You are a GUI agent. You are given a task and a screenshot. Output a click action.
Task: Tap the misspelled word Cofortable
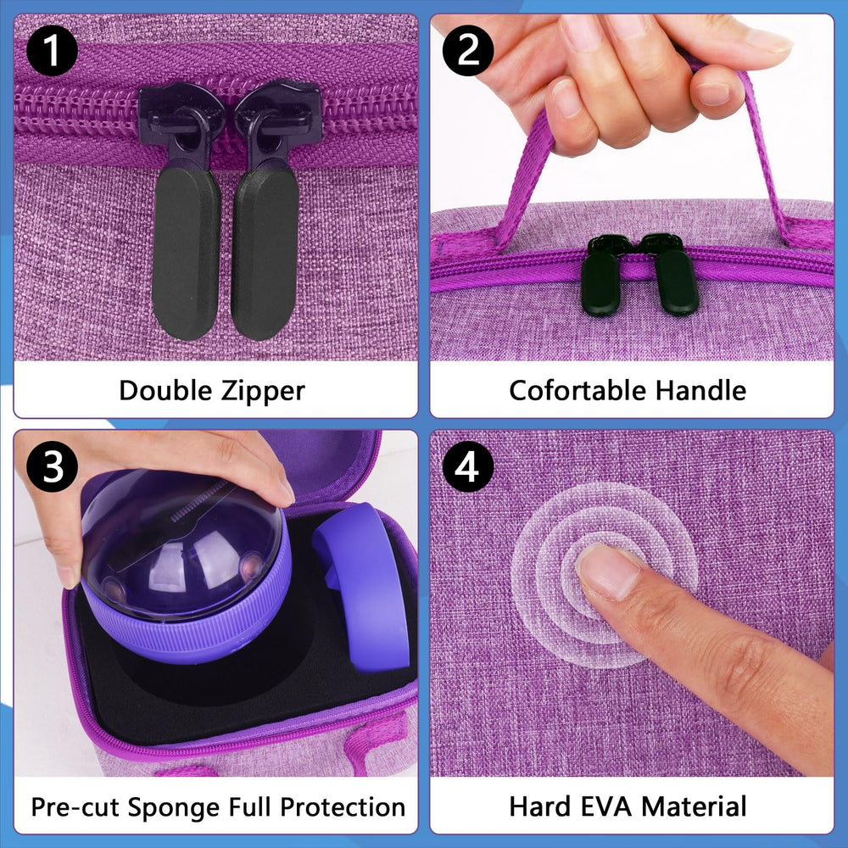[x=577, y=390]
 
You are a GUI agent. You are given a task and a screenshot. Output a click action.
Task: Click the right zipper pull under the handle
[x=677, y=282]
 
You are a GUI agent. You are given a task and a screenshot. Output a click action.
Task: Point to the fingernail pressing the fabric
[x=608, y=570]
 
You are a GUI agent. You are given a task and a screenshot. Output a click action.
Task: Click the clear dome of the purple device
[x=182, y=543]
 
